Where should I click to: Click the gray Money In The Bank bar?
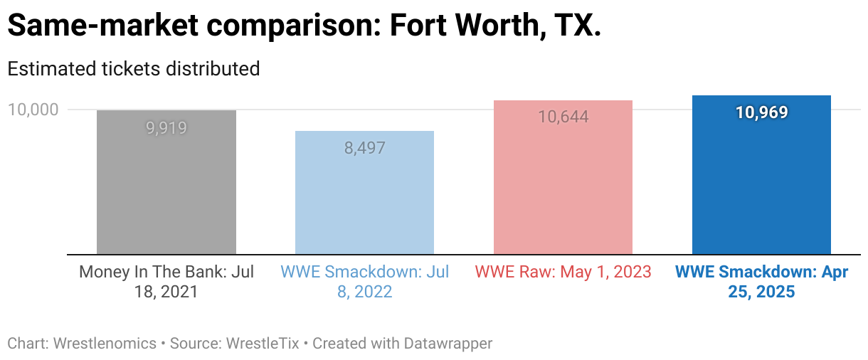pyautogui.click(x=166, y=182)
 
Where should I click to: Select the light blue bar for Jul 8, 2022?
pyautogui.click(x=365, y=193)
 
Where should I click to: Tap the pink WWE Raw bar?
pyautogui.click(x=563, y=177)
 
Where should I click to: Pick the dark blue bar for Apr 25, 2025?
pyautogui.click(x=761, y=175)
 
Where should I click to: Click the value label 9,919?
pyautogui.click(x=166, y=128)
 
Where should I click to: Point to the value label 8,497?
pyautogui.click(x=365, y=148)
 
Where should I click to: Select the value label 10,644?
pyautogui.click(x=563, y=117)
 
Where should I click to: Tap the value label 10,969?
pyautogui.click(x=761, y=112)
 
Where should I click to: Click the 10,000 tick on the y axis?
pyautogui.click(x=33, y=110)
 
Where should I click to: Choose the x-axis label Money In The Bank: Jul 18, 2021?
pyautogui.click(x=166, y=282)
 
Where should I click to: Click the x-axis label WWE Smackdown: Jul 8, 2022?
pyautogui.click(x=365, y=282)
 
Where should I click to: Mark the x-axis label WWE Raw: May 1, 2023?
pyautogui.click(x=563, y=272)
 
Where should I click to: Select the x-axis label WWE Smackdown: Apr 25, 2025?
pyautogui.click(x=761, y=282)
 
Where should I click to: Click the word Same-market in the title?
pyautogui.click(x=102, y=25)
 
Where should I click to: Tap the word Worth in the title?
pyautogui.click(x=498, y=25)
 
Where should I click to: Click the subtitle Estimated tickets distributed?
pyautogui.click(x=134, y=69)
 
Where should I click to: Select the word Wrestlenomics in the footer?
pyautogui.click(x=105, y=344)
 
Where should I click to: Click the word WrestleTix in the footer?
pyautogui.click(x=263, y=344)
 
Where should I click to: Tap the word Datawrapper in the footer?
pyautogui.click(x=448, y=344)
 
